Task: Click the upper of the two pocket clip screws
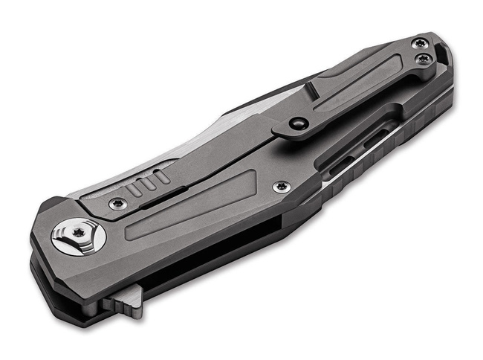421,42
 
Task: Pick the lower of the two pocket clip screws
424,58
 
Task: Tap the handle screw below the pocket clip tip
281,187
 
